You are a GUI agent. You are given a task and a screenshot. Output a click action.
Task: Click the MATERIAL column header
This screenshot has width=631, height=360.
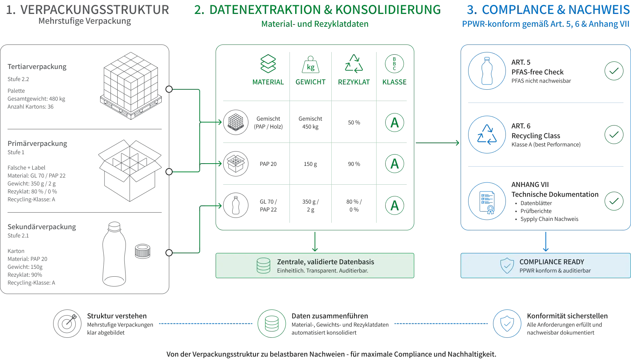tap(268, 82)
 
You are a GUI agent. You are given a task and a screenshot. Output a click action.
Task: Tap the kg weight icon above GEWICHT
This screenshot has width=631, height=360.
tap(311, 64)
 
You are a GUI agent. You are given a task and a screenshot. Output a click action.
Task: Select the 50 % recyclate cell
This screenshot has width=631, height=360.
tap(354, 123)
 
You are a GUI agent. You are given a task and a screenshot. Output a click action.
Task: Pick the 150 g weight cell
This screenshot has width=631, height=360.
tap(310, 164)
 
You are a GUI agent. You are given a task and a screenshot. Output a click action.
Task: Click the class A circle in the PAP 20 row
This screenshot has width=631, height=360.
tap(394, 164)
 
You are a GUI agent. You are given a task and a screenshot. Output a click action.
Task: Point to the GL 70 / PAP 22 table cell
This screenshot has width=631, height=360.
tap(268, 206)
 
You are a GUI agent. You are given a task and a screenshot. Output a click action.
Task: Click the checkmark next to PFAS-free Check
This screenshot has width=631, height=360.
tap(614, 71)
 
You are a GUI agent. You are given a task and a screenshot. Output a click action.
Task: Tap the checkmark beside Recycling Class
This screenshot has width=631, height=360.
tap(614, 135)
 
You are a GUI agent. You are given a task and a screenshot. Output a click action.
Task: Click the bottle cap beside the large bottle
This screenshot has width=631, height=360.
tap(142, 251)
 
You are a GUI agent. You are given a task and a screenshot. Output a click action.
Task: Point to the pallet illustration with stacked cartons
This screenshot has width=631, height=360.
tap(131, 86)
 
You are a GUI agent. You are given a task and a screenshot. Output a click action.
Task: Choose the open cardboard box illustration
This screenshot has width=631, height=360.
tap(130, 170)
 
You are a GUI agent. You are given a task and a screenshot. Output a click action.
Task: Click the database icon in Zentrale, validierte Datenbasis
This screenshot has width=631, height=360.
tap(263, 266)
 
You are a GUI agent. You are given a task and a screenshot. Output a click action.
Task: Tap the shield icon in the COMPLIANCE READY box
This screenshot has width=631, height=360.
tap(507, 266)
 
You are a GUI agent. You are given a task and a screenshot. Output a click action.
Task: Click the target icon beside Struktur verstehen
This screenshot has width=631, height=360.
tap(67, 324)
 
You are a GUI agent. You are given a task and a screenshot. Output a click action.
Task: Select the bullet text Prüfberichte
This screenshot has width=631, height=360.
tap(536, 211)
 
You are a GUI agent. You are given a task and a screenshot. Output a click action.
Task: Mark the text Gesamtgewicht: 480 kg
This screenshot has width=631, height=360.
tap(36, 99)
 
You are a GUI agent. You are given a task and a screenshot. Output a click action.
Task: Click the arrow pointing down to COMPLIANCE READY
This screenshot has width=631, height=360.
tap(546, 242)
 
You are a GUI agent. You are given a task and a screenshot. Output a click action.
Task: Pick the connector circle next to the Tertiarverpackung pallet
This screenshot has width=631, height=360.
tap(169, 89)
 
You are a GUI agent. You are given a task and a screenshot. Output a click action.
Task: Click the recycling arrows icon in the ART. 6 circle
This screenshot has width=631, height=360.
tap(487, 135)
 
